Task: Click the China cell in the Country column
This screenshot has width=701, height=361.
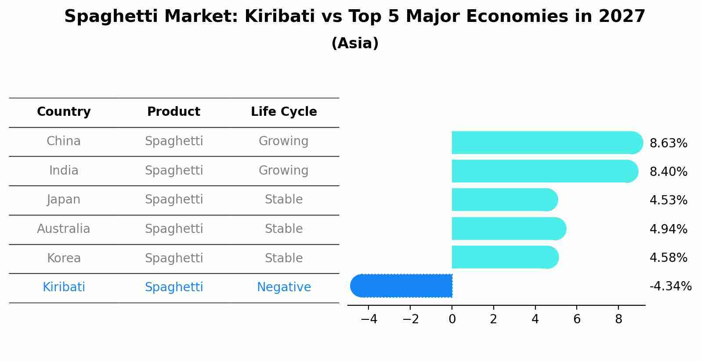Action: tap(64, 141)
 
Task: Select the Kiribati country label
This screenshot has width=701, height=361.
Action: tap(64, 287)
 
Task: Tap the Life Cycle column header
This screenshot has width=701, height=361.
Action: tap(284, 112)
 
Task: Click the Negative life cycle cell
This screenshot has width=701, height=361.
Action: tap(284, 287)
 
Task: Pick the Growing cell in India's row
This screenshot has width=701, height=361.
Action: tap(284, 171)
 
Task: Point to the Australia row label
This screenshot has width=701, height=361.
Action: tap(64, 229)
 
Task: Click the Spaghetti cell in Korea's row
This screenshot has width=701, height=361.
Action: tap(174, 258)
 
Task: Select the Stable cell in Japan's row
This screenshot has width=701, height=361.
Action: tap(284, 200)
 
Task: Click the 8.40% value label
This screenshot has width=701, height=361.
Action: tap(668, 172)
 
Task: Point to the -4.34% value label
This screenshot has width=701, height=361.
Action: tap(670, 286)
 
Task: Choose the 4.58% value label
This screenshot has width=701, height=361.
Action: tap(668, 258)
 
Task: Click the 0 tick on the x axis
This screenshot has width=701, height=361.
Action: tap(452, 319)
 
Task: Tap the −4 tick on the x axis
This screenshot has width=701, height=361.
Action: tap(369, 319)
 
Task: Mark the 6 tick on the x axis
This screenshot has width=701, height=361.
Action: tap(577, 319)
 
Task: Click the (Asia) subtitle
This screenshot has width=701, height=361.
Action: tap(355, 43)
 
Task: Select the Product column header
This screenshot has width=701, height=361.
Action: tap(174, 112)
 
